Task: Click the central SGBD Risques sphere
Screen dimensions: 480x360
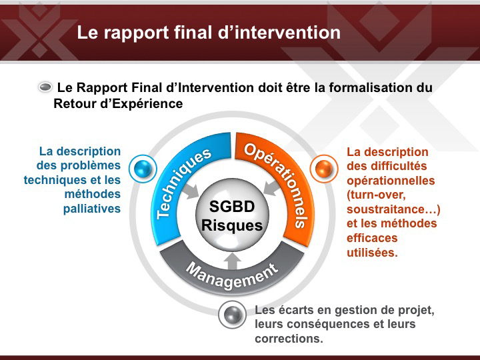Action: (x=232, y=215)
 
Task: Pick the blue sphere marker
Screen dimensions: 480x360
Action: (x=143, y=169)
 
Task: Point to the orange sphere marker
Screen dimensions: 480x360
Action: (x=324, y=169)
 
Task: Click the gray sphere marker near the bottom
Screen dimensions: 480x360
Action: (x=233, y=315)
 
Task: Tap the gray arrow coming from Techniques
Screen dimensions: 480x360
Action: (x=191, y=191)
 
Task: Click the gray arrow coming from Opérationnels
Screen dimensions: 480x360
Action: (x=273, y=187)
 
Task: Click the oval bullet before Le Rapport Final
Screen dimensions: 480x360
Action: (x=45, y=87)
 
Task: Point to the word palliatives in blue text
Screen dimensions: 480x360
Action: (x=92, y=209)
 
